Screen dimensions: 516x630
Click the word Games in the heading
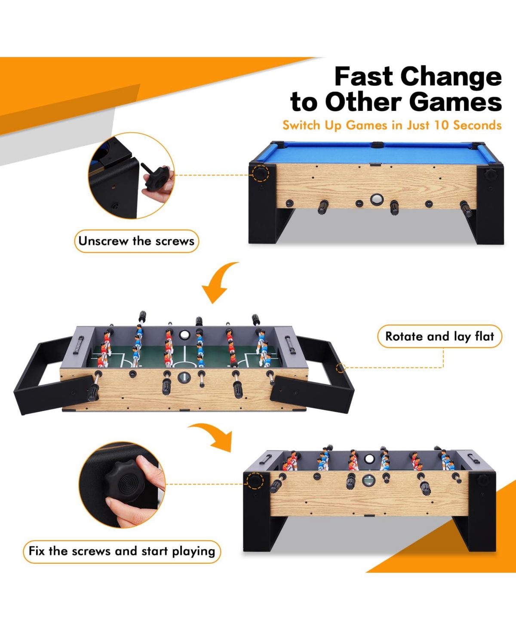(x=455, y=102)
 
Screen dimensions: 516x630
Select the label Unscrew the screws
(x=136, y=241)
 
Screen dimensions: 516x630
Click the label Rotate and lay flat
(x=439, y=336)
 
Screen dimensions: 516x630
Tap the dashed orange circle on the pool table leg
(x=261, y=173)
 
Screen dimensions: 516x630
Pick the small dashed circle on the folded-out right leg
(x=340, y=367)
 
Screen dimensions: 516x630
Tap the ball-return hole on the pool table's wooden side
(x=376, y=199)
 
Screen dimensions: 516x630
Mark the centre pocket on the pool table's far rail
(x=377, y=144)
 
